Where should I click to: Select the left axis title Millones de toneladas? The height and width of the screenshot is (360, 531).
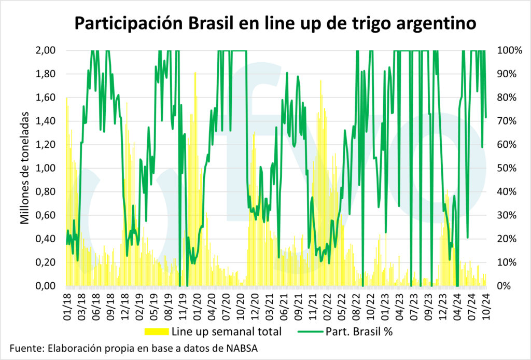coord(25,168)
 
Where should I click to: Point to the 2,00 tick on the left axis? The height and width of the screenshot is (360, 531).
coord(50,50)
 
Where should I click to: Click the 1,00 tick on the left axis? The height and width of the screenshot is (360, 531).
coord(50,168)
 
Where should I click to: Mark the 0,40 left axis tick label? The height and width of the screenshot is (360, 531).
coord(50,239)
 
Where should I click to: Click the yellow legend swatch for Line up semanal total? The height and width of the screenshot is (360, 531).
coord(156,331)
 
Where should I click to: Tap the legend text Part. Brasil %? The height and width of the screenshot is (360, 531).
coord(361,331)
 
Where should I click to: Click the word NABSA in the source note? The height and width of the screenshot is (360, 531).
coord(240,348)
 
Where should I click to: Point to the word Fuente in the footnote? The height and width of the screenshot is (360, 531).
coord(26,348)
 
